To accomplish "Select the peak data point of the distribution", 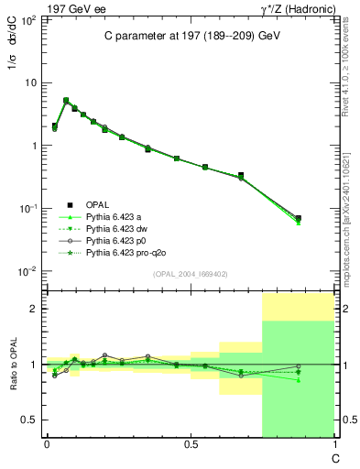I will point(66,101).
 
